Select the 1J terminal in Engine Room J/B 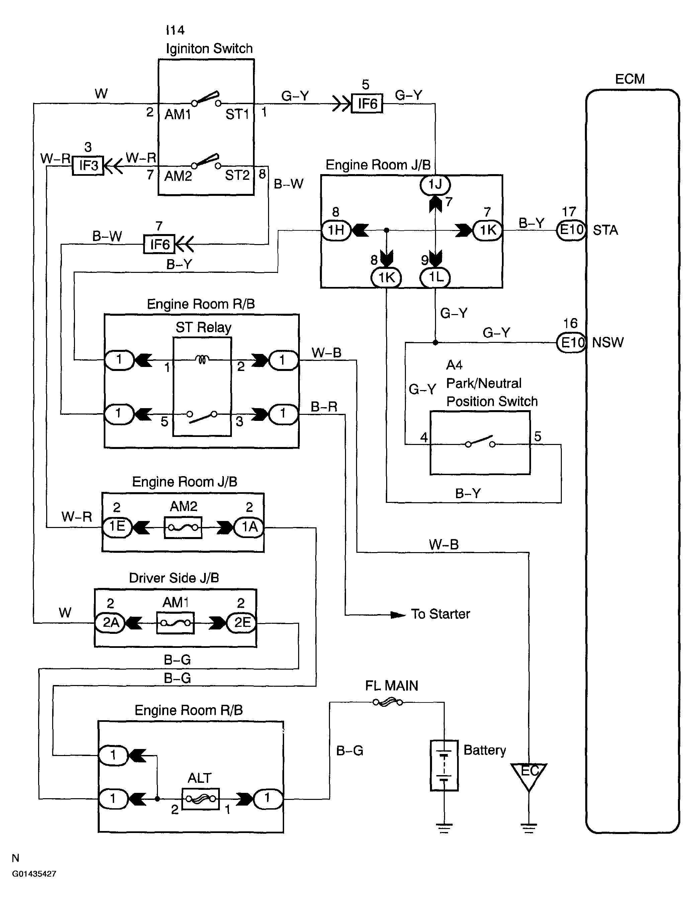tap(435, 184)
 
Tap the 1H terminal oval tap(336, 230)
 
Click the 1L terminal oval tap(435, 277)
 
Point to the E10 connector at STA tap(571, 230)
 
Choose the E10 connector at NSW tap(571, 343)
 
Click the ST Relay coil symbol tap(202, 360)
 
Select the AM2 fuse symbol tap(183, 527)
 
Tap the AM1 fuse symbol tap(175, 623)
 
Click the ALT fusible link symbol tap(200, 799)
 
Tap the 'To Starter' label tap(440, 614)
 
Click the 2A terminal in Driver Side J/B tap(110, 623)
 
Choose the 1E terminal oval tap(117, 527)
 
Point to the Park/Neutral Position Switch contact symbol tap(480, 442)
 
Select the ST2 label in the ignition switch tap(237, 175)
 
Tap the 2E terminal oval tap(242, 623)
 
